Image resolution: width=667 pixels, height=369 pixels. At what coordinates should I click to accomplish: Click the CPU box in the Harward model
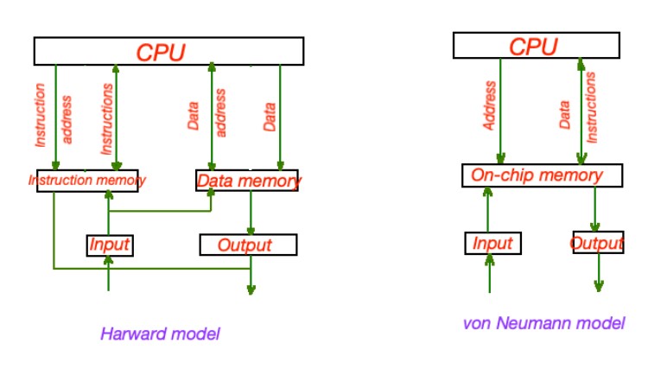pyautogui.click(x=168, y=51)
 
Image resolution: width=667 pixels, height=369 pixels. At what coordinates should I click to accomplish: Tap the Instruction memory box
pyautogui.click(x=87, y=181)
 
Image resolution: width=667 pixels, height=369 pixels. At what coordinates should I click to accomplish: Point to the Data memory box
pyautogui.click(x=248, y=181)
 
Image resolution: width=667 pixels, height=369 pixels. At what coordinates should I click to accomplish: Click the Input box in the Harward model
pyautogui.click(x=109, y=245)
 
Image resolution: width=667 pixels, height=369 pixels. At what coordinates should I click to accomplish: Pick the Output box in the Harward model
pyautogui.click(x=248, y=245)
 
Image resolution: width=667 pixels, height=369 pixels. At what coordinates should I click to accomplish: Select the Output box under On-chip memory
pyautogui.click(x=597, y=243)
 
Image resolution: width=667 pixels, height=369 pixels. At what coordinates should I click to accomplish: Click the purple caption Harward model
pyautogui.click(x=161, y=333)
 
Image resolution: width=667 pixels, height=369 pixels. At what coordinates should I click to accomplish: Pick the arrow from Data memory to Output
pyautogui.click(x=251, y=213)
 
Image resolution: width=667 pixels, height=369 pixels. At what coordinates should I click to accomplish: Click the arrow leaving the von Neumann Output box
pyautogui.click(x=598, y=272)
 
